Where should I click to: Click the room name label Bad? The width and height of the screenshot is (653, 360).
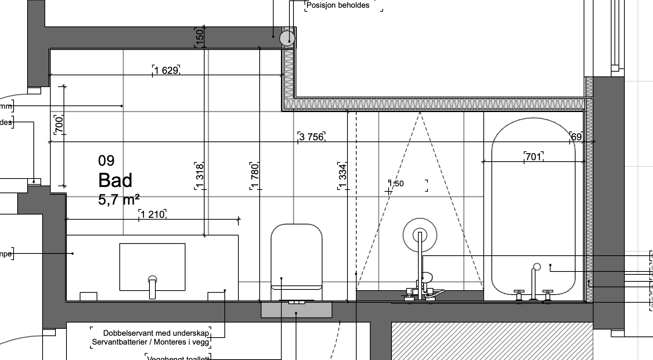click(115, 180)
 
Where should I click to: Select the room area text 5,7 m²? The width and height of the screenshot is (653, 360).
click(119, 200)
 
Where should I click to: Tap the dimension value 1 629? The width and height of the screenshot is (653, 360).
click(166, 70)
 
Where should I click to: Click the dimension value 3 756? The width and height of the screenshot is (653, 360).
click(311, 137)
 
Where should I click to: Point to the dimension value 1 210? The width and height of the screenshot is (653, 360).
click(152, 214)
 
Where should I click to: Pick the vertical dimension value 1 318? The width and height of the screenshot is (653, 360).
click(199, 176)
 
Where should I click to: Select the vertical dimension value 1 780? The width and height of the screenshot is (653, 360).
click(255, 176)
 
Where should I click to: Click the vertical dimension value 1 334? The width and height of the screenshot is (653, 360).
click(343, 176)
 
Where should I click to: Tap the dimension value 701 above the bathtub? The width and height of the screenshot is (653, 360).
click(534, 157)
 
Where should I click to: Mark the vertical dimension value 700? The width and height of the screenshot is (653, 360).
click(59, 125)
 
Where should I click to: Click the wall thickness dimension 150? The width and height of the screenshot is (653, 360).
click(199, 37)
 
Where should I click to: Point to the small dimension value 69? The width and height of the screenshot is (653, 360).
click(576, 137)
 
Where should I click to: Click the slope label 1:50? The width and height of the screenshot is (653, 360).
click(396, 184)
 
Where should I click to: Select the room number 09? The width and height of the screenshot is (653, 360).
click(106, 161)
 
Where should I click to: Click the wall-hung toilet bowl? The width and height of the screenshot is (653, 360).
click(296, 257)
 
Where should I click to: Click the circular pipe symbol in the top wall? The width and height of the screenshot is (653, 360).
click(287, 38)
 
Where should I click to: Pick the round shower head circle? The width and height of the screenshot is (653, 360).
click(420, 235)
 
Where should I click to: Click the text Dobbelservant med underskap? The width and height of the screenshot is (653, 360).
click(156, 333)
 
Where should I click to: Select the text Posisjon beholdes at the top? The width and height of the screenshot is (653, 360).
click(338, 5)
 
